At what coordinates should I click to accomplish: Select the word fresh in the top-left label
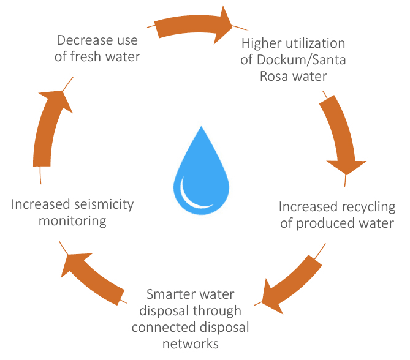click(x=99, y=57)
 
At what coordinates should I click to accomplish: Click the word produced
click(x=324, y=222)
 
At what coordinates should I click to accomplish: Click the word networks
click(x=190, y=343)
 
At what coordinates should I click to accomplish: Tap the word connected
click(x=160, y=327)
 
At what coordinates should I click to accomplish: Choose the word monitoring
click(x=72, y=220)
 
